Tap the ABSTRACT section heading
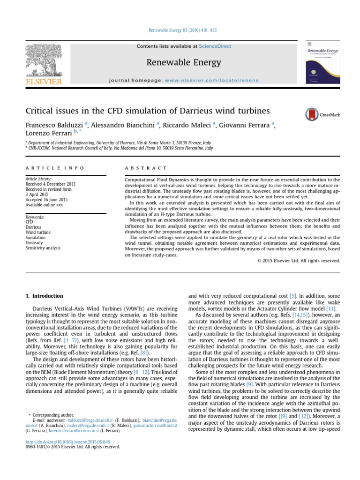tap(146, 168)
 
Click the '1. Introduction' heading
tap(44, 296)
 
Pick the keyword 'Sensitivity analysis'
tap(43, 247)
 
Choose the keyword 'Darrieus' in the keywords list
tap(33, 227)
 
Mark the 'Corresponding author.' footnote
tap(52, 415)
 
